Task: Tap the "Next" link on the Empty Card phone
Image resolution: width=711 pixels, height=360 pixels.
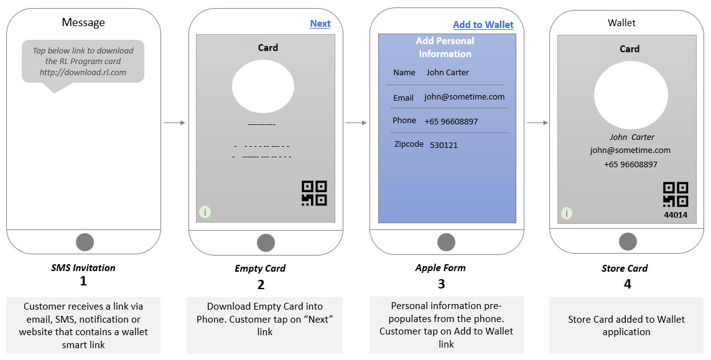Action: tap(320, 24)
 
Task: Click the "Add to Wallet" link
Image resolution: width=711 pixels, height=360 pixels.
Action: tap(483, 25)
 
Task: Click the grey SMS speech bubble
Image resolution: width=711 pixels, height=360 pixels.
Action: tap(83, 62)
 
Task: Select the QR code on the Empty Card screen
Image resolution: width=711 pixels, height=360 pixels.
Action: tap(314, 193)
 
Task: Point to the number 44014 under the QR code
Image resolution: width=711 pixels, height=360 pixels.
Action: tap(676, 215)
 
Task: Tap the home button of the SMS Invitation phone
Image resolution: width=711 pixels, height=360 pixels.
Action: tap(85, 242)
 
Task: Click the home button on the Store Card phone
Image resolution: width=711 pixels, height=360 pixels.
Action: tap(628, 242)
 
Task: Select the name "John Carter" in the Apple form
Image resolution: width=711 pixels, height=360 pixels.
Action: tap(447, 73)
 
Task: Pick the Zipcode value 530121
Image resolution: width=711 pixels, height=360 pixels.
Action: tap(444, 145)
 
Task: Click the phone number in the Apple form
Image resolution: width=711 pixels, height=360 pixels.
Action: tap(451, 121)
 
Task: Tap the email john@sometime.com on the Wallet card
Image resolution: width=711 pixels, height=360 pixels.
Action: tap(630, 150)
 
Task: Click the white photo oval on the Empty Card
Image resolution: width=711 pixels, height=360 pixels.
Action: tap(263, 86)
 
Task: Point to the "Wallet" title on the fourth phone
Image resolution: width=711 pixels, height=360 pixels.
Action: tap(621, 23)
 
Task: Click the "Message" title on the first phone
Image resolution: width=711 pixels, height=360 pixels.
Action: tap(83, 23)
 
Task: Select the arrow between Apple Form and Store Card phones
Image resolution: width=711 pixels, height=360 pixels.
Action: tap(537, 123)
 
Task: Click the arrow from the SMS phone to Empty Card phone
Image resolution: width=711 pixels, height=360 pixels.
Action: tap(174, 123)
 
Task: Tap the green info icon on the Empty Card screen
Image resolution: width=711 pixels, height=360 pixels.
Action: tap(205, 212)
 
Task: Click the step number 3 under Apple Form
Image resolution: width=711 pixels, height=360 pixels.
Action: tap(441, 284)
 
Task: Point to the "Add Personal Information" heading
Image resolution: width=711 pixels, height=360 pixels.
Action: tap(445, 47)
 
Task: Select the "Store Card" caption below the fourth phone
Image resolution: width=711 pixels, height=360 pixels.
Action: tap(625, 269)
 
